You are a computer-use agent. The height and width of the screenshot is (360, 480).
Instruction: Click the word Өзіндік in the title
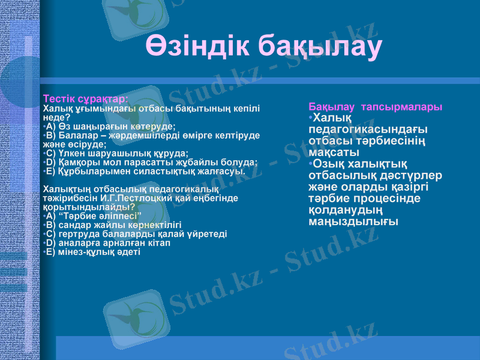coord(198,47)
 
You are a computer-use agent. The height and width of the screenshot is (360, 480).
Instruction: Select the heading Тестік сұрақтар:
coord(85,98)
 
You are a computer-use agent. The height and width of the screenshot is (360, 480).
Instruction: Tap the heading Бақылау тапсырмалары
coord(376,107)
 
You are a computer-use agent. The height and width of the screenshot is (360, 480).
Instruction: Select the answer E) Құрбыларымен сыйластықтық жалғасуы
coord(144,171)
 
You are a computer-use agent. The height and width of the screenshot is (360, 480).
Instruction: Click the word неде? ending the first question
coord(57,118)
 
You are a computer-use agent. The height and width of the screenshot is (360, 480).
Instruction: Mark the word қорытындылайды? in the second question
coord(85,207)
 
